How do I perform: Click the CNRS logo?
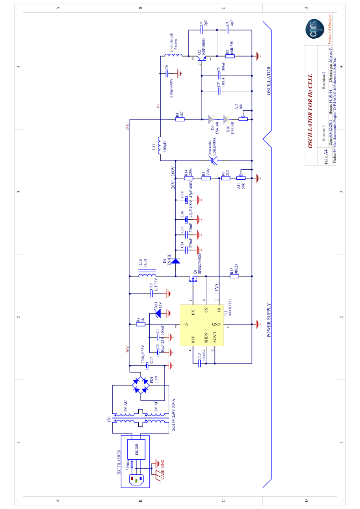click(x=314, y=29)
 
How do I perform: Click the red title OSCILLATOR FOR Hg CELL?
click(x=310, y=111)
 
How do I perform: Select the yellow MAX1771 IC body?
click(x=201, y=325)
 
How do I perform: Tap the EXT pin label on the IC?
click(x=193, y=312)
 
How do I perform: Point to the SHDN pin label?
click(x=206, y=338)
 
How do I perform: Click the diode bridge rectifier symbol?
click(x=141, y=385)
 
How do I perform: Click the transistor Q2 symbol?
click(x=201, y=57)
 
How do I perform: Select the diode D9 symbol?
click(x=210, y=119)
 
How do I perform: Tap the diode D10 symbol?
click(x=226, y=119)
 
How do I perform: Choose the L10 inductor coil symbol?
click(x=147, y=273)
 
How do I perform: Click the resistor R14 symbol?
click(x=189, y=178)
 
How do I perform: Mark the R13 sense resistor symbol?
click(x=234, y=276)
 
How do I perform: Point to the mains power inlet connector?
click(x=136, y=479)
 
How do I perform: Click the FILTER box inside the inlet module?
click(x=136, y=449)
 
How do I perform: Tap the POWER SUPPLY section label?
click(x=269, y=319)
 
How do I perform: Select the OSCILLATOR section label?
click(x=269, y=81)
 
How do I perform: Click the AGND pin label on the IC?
click(x=215, y=338)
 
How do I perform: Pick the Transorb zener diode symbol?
click(x=213, y=160)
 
